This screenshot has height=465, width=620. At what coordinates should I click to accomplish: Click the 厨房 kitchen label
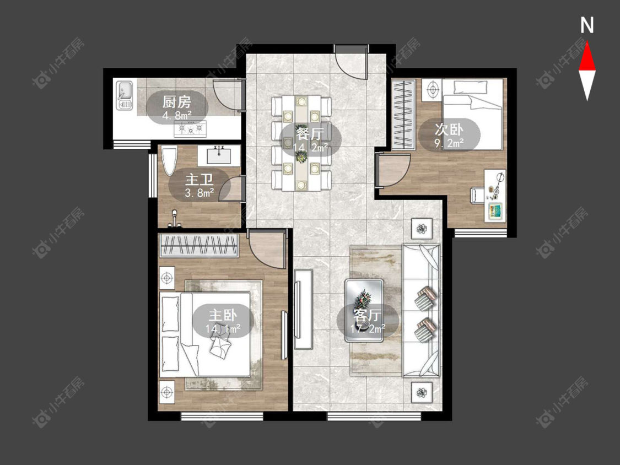[177, 102]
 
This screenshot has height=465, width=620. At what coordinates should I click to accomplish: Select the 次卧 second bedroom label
[449, 129]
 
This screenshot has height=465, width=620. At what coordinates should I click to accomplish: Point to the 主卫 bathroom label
[200, 180]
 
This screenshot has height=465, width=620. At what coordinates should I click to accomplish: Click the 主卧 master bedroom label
[223, 315]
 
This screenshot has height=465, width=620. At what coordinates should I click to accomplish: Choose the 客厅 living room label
[367, 315]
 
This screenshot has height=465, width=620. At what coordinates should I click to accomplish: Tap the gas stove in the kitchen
[191, 129]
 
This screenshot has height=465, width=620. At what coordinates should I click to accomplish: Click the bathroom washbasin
[219, 155]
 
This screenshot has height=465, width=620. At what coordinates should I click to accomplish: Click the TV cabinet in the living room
[304, 309]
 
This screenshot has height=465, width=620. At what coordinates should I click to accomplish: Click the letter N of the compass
[587, 25]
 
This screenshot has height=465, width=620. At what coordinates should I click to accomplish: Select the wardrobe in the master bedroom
[198, 245]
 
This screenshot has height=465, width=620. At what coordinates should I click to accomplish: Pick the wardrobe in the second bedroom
[403, 115]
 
